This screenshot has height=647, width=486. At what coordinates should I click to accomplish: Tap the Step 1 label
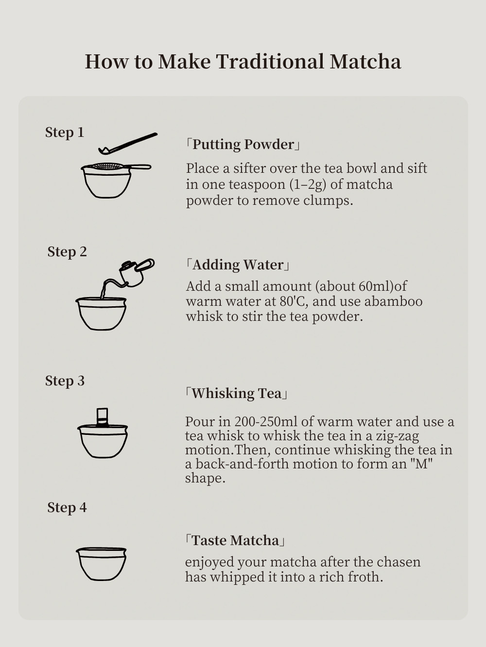65,132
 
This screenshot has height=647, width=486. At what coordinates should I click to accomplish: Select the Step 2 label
67,252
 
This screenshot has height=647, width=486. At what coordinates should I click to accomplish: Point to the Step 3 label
65,381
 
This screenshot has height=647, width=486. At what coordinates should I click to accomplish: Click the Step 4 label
67,507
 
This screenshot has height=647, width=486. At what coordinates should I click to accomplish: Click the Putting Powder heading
243,145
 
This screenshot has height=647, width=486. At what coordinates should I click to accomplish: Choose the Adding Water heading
238,265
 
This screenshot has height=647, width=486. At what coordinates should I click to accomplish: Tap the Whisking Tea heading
236,393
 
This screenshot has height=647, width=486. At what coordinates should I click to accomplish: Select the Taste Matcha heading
235,540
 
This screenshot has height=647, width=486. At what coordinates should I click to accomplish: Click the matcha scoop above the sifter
127,144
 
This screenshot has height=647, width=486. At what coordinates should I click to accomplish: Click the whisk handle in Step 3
102,417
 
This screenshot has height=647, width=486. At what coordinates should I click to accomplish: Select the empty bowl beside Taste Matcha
101,564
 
